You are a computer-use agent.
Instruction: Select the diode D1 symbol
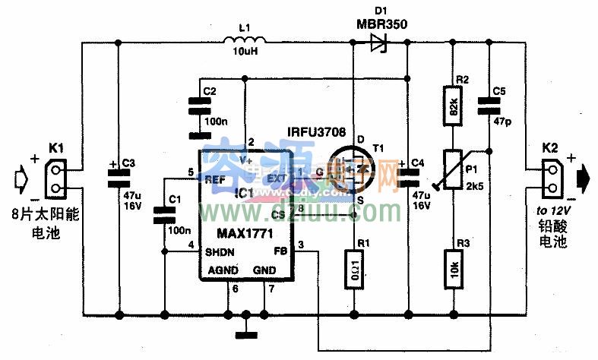(378, 43)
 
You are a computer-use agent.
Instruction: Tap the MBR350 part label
(381, 24)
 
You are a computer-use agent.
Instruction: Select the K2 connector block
(551, 180)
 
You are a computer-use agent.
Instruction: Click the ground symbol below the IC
(245, 332)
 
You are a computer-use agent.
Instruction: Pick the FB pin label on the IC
(279, 251)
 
